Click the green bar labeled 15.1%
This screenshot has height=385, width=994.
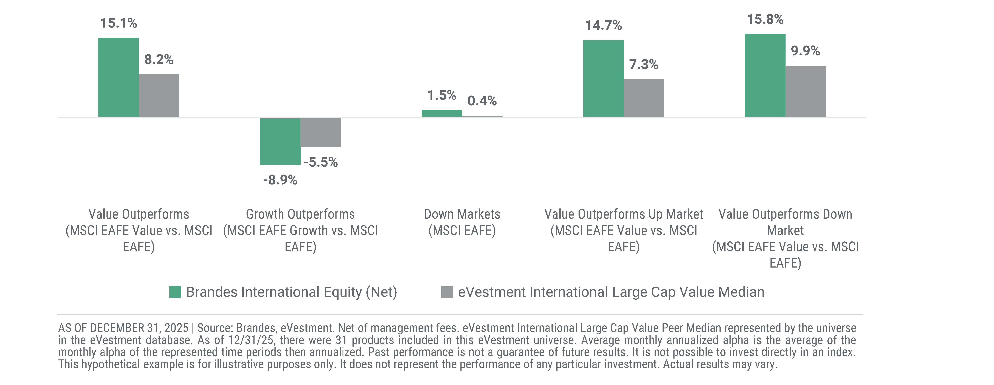tap(118, 77)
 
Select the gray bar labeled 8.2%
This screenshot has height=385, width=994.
tap(159, 96)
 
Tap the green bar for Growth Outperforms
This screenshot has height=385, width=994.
tap(280, 141)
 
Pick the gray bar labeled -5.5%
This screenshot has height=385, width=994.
tap(321, 133)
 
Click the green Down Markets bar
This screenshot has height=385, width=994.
tap(442, 113)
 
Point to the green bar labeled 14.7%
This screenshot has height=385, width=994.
tap(604, 79)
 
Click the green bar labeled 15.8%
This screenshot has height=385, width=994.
tap(765, 76)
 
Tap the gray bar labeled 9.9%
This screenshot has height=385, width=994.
tap(806, 91)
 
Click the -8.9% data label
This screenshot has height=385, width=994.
tap(280, 180)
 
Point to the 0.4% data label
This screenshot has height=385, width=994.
tap(482, 101)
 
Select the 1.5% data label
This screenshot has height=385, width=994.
tap(442, 95)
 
